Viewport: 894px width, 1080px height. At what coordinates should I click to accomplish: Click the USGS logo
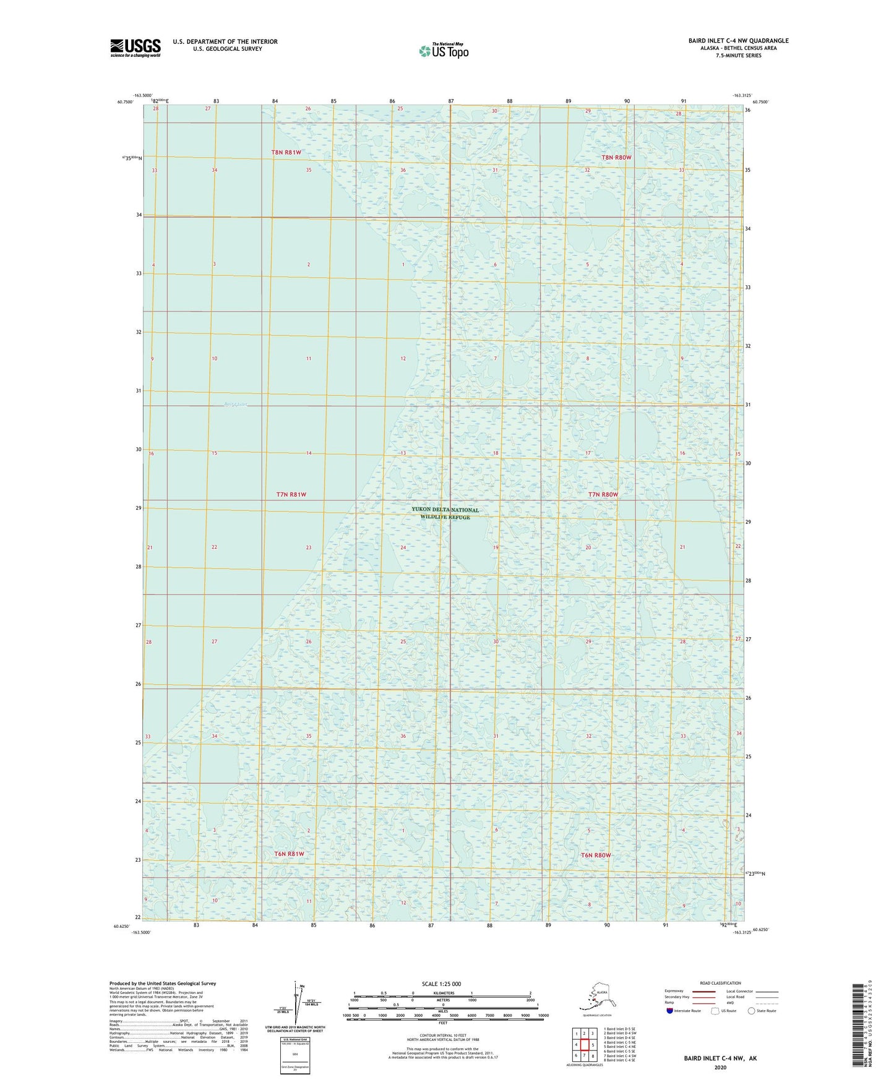pyautogui.click(x=135, y=48)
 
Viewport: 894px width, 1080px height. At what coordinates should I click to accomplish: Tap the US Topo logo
pyautogui.click(x=443, y=50)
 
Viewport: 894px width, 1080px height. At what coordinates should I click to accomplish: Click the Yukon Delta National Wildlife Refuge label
pyautogui.click(x=445, y=513)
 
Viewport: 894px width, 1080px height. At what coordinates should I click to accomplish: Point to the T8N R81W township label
pyautogui.click(x=286, y=152)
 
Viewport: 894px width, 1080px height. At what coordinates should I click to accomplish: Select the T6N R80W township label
pyautogui.click(x=596, y=855)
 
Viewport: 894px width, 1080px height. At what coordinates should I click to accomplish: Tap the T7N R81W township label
pyautogui.click(x=291, y=494)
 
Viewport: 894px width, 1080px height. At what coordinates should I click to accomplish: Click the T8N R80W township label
pyautogui.click(x=616, y=157)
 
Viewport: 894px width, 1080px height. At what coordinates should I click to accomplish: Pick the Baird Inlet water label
pyautogui.click(x=236, y=405)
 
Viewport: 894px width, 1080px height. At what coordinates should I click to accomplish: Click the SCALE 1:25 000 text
pyautogui.click(x=441, y=984)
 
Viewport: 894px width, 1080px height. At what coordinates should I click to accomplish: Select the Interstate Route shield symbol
pyautogui.click(x=670, y=1011)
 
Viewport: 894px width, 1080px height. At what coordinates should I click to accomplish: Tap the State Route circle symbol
pyautogui.click(x=752, y=1011)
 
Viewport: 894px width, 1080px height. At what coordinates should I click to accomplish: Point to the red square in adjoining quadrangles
pyautogui.click(x=584, y=1044)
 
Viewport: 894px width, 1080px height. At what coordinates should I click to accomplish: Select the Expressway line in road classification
pyautogui.click(x=703, y=991)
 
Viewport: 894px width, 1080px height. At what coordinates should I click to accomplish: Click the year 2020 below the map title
pyautogui.click(x=720, y=1067)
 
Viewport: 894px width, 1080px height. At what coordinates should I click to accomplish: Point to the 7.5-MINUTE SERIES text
pyautogui.click(x=738, y=56)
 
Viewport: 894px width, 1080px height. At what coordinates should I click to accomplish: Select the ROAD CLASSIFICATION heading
pyautogui.click(x=720, y=983)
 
